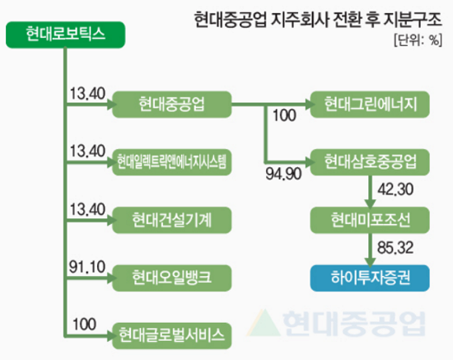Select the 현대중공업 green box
[x=171, y=104]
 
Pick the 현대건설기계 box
[x=171, y=219]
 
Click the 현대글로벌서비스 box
[x=171, y=334]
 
